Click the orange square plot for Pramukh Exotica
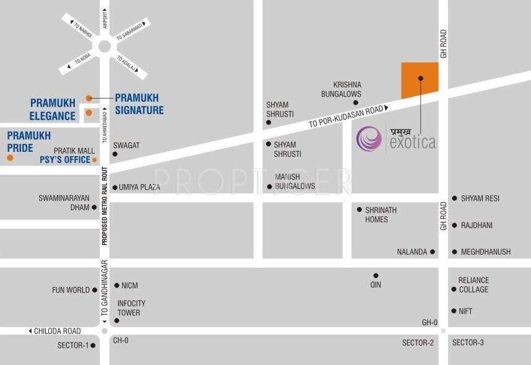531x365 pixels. [x=420, y=80]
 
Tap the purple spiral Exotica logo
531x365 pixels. [x=369, y=138]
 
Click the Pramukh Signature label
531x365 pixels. [x=139, y=104]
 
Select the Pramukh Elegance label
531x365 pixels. [x=53, y=109]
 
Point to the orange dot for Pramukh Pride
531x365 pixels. [x=10, y=158]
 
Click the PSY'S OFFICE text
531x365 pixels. [x=65, y=160]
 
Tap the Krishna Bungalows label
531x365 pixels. [x=347, y=89]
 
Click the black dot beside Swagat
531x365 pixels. [x=114, y=154]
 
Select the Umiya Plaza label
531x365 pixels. [x=140, y=187]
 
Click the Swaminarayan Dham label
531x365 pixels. [x=64, y=203]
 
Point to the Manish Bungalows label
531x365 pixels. [x=295, y=181]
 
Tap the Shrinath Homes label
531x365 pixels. [x=381, y=214]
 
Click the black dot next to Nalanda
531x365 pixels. [x=433, y=252]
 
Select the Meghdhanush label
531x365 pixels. [x=486, y=252]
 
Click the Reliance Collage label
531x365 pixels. [x=473, y=285]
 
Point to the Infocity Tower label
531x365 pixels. [x=132, y=308]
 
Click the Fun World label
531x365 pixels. [x=71, y=289]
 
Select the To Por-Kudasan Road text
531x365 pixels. [x=346, y=115]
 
